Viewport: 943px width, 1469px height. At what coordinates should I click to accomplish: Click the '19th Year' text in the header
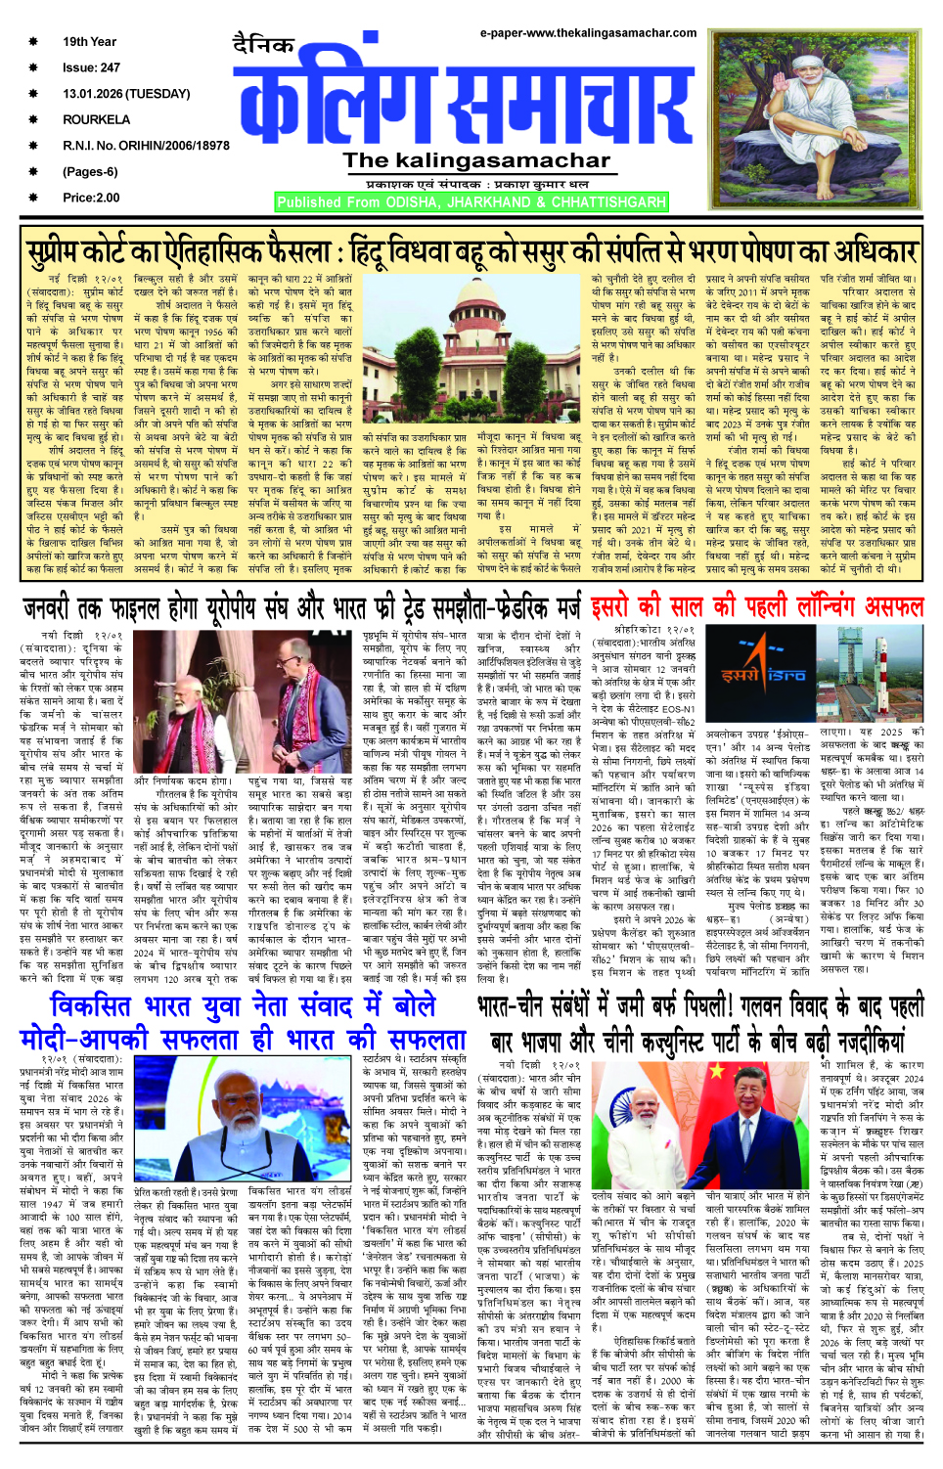pos(89,42)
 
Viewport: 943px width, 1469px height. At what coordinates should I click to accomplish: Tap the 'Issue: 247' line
pos(91,68)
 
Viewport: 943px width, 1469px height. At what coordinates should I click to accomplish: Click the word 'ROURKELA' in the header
pos(96,119)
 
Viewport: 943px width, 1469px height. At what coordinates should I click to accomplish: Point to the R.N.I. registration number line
pos(146,146)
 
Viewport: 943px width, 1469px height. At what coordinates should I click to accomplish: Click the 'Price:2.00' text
pos(91,198)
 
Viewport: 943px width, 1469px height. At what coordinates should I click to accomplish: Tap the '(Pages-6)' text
pos(90,172)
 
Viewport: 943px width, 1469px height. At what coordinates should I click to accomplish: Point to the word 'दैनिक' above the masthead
pos(264,45)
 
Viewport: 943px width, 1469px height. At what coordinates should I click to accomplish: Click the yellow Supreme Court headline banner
pos(471,252)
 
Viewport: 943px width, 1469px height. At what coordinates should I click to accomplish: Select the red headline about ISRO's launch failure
pos(757,606)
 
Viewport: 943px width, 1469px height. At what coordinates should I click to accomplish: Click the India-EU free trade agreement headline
pos(301,608)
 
